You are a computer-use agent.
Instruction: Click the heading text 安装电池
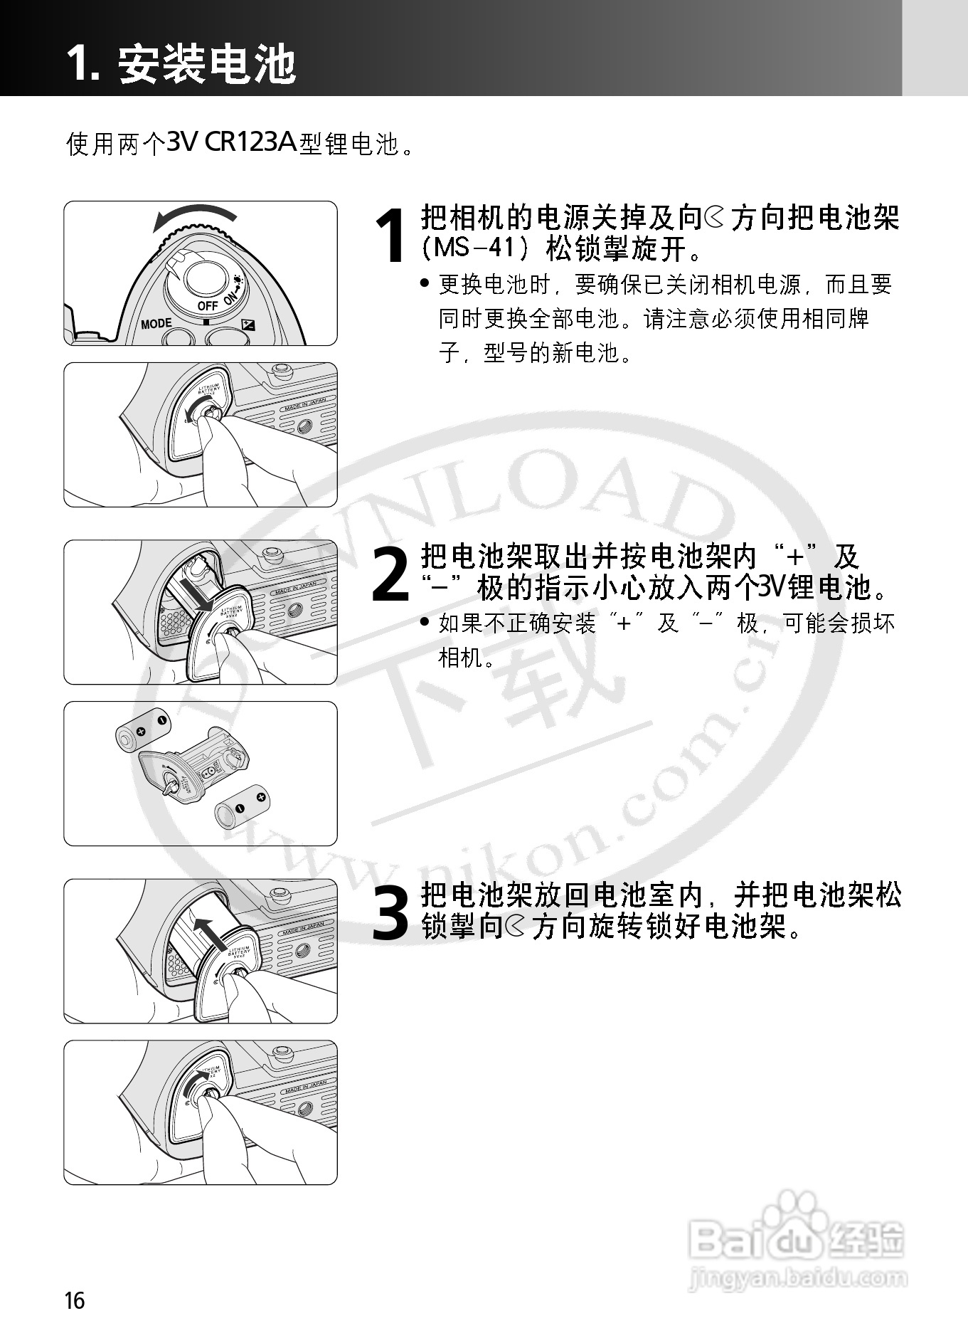click(x=206, y=64)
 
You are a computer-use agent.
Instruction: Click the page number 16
click(x=74, y=1300)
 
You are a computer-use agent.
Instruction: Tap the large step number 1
click(x=392, y=235)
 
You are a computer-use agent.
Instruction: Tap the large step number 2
click(x=390, y=574)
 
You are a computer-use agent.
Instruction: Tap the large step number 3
click(x=391, y=913)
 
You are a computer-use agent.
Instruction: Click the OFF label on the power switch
click(x=208, y=306)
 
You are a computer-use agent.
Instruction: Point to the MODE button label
click(x=156, y=324)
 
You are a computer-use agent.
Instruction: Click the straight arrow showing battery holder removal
click(x=196, y=594)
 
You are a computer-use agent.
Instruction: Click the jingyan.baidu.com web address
click(x=797, y=1278)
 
